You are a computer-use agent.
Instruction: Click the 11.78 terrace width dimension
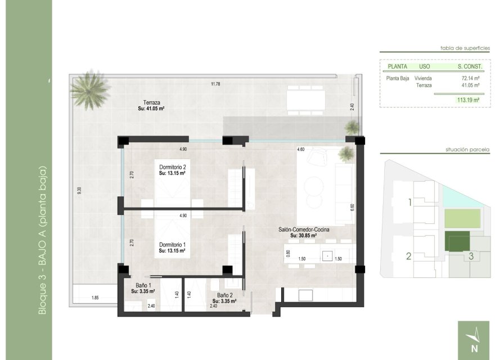(215, 84)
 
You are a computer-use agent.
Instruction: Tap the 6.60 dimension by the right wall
(352, 206)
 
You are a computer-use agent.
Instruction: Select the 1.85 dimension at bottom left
(95, 298)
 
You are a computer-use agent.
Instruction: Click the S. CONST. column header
(470, 66)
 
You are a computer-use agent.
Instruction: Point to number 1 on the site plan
(410, 202)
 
